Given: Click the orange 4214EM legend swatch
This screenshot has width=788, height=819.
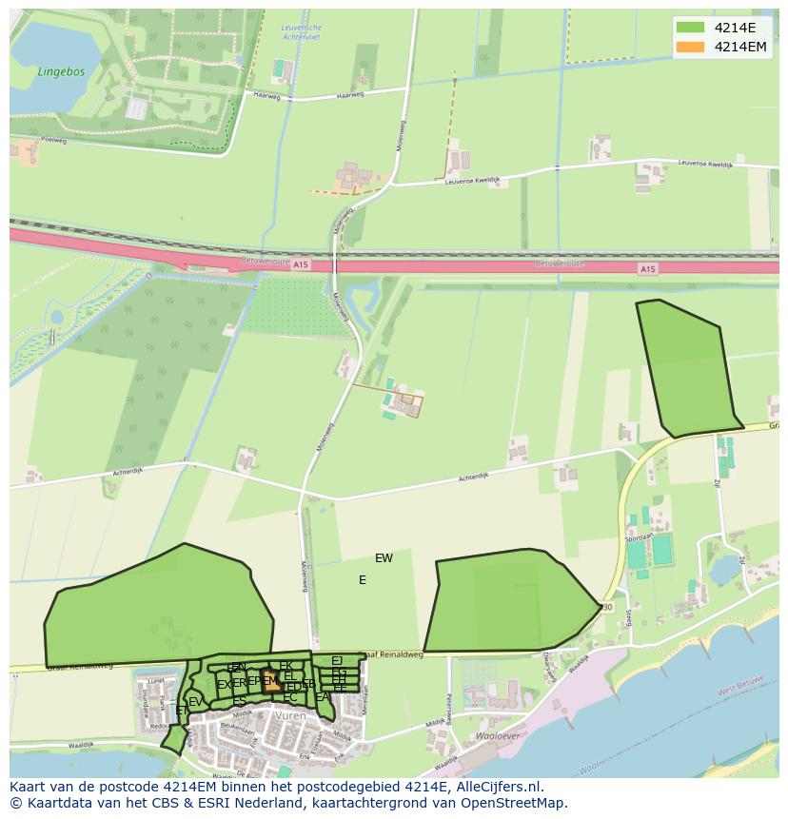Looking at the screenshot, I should (691, 47).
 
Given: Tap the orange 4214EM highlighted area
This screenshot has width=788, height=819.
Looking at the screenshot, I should (270, 681).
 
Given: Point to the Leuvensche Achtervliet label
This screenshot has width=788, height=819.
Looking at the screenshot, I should (302, 32).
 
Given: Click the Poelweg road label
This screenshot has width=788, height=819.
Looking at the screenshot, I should (53, 140).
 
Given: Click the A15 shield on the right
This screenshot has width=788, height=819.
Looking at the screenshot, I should (647, 269).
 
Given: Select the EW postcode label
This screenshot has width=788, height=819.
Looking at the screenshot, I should (384, 558).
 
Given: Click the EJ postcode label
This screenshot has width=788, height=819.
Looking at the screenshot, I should (337, 660).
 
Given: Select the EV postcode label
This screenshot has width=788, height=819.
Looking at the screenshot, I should (196, 702).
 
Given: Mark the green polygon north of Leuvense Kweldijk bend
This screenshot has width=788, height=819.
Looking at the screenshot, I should (687, 368).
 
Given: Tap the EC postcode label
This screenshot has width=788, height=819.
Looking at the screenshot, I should (290, 698).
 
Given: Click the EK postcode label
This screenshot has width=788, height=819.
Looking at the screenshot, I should (286, 666).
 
